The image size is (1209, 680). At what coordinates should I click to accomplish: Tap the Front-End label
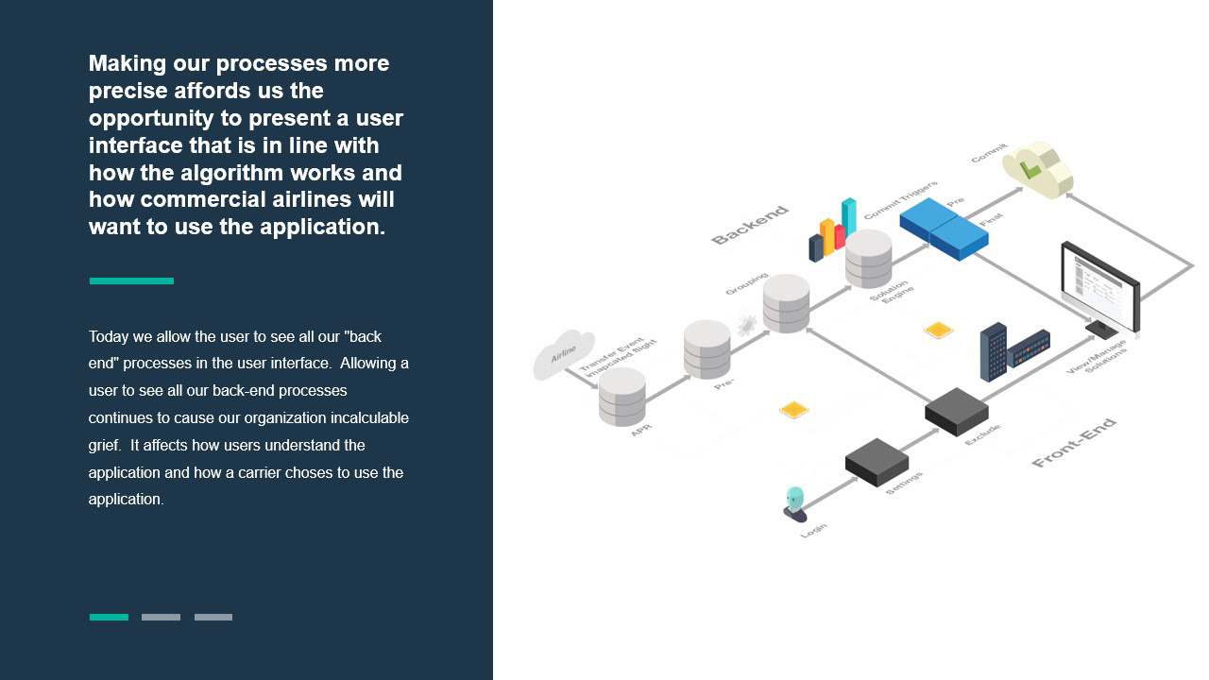tap(1074, 442)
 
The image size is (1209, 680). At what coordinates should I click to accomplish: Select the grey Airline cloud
tap(563, 353)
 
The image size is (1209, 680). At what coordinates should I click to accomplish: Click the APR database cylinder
tap(622, 397)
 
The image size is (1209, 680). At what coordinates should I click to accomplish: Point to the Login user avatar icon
tap(795, 503)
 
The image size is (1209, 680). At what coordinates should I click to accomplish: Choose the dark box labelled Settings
tap(877, 461)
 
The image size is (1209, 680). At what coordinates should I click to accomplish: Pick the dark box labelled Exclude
tap(956, 411)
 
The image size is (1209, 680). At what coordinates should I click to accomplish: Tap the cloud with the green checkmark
tap(1037, 169)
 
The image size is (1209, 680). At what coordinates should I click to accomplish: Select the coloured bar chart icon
tap(832, 230)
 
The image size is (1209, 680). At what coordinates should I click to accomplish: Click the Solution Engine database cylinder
tap(868, 258)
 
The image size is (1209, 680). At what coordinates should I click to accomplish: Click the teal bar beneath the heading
tap(131, 280)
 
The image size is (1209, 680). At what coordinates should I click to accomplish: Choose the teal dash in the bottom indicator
tap(109, 617)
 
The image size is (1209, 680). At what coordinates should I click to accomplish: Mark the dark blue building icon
tap(994, 351)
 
